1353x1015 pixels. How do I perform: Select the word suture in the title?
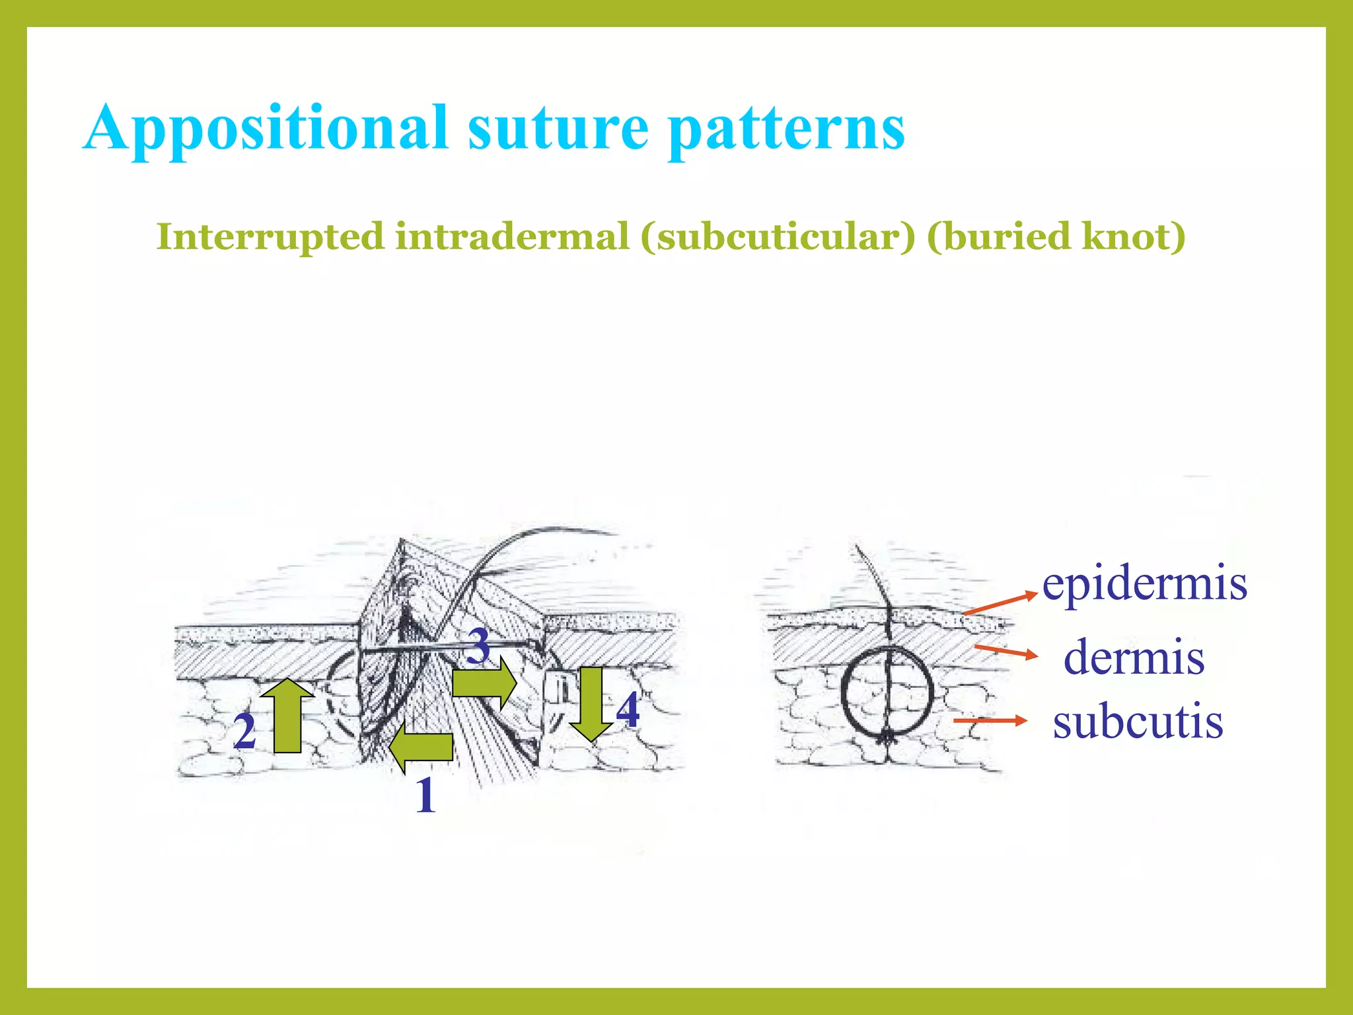pos(558,129)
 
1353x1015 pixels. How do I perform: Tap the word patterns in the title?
pos(786,129)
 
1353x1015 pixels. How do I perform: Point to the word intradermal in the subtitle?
pos(512,237)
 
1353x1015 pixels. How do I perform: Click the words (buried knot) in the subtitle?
pos(1056,237)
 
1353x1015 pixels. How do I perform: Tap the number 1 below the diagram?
pos(426,795)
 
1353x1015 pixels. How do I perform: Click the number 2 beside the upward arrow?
pos(244,732)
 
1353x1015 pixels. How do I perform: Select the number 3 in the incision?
pos(478,646)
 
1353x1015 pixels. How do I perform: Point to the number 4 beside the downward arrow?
pos(628,710)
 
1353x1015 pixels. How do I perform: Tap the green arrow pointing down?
pos(591,704)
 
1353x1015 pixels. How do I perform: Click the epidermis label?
pos(1144,584)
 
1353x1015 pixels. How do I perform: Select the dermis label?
pos(1134,658)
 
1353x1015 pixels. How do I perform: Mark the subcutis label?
pos(1138,722)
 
